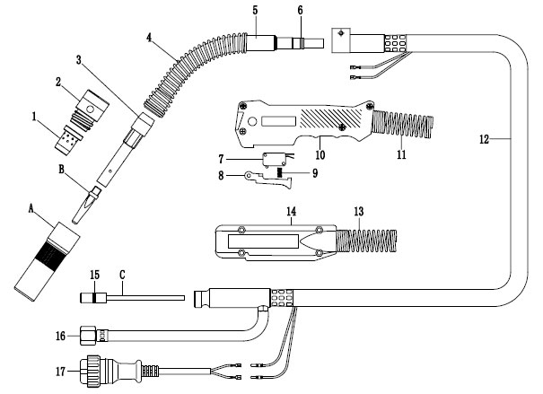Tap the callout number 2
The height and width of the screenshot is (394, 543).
[x=59, y=83]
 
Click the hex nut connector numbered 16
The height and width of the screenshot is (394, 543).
[x=88, y=336]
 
